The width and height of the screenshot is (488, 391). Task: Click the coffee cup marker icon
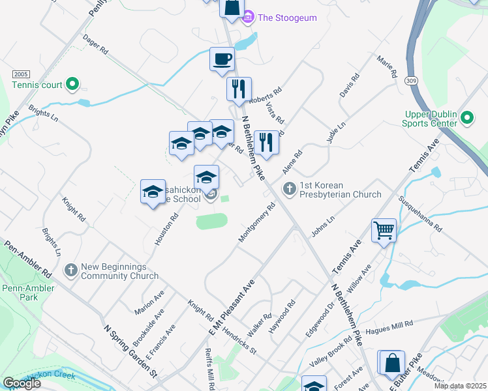(x=222, y=59)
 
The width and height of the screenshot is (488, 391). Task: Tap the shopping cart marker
(x=384, y=230)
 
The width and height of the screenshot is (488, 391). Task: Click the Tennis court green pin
(x=72, y=84)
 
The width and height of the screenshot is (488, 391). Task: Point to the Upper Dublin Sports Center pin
(x=466, y=118)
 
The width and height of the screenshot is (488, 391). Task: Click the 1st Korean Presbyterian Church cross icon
(x=289, y=188)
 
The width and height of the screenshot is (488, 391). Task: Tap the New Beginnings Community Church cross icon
(x=71, y=269)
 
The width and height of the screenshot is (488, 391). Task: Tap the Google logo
(x=22, y=383)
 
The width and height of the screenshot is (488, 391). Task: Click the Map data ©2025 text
(x=459, y=386)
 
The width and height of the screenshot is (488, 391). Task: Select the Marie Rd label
(x=386, y=68)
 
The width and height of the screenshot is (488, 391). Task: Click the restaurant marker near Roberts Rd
(x=239, y=89)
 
